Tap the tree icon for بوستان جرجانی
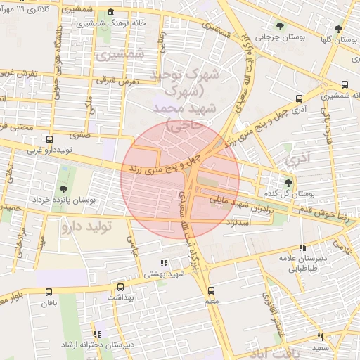click(280, 27)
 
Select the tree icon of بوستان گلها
click(339, 29)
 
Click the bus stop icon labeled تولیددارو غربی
click(49, 140)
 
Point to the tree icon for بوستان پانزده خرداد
click(64, 189)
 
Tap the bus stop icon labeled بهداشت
click(120, 288)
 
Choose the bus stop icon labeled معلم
click(212, 290)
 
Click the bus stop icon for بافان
click(48, 293)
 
